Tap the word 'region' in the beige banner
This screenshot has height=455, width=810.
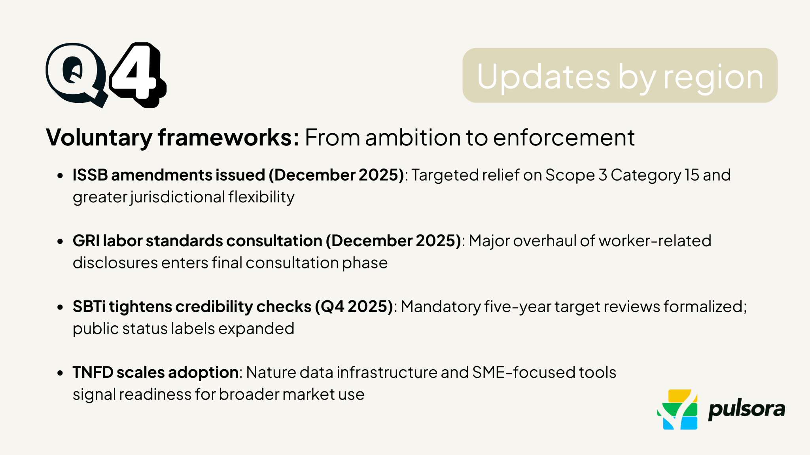click(713, 77)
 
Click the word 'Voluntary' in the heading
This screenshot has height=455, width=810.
click(99, 138)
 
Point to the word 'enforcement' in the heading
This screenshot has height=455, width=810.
click(564, 138)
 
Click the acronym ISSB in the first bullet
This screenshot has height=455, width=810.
click(90, 175)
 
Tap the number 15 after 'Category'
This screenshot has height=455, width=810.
click(692, 175)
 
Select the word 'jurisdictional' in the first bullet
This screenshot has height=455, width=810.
click(178, 197)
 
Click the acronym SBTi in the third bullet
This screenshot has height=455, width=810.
click(89, 307)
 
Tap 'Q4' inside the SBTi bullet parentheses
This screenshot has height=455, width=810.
click(332, 307)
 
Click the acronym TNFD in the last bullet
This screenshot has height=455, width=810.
click(93, 372)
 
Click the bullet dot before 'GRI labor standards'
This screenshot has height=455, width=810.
click(60, 241)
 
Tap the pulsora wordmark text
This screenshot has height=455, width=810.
click(746, 409)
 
